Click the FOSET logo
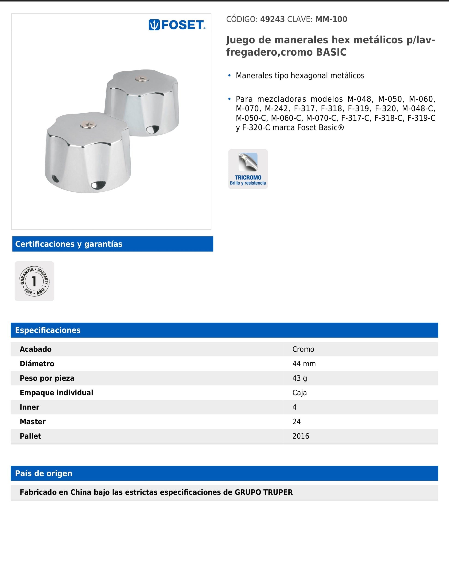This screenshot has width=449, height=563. coord(177,25)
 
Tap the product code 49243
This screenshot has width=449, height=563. coord(272,19)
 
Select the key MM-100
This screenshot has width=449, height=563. coord(331,19)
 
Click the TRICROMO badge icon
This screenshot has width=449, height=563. coord(248,169)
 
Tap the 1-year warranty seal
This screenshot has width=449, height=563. coord(34,281)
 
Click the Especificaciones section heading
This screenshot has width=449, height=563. coord(48,330)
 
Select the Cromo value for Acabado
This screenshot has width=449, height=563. coord(303,349)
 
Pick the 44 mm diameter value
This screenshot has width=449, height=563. coord(304,364)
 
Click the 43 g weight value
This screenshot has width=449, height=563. coord(299,378)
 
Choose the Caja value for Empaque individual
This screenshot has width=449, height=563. coord(299,393)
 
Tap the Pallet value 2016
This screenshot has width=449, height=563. coord(301,436)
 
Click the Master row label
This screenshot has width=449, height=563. coord(33,422)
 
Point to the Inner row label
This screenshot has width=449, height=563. coord(30,407)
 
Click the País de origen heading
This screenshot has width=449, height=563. coord(44,473)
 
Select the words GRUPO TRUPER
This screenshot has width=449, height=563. coord(264,492)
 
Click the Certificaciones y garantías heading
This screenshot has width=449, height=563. coord(69,244)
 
